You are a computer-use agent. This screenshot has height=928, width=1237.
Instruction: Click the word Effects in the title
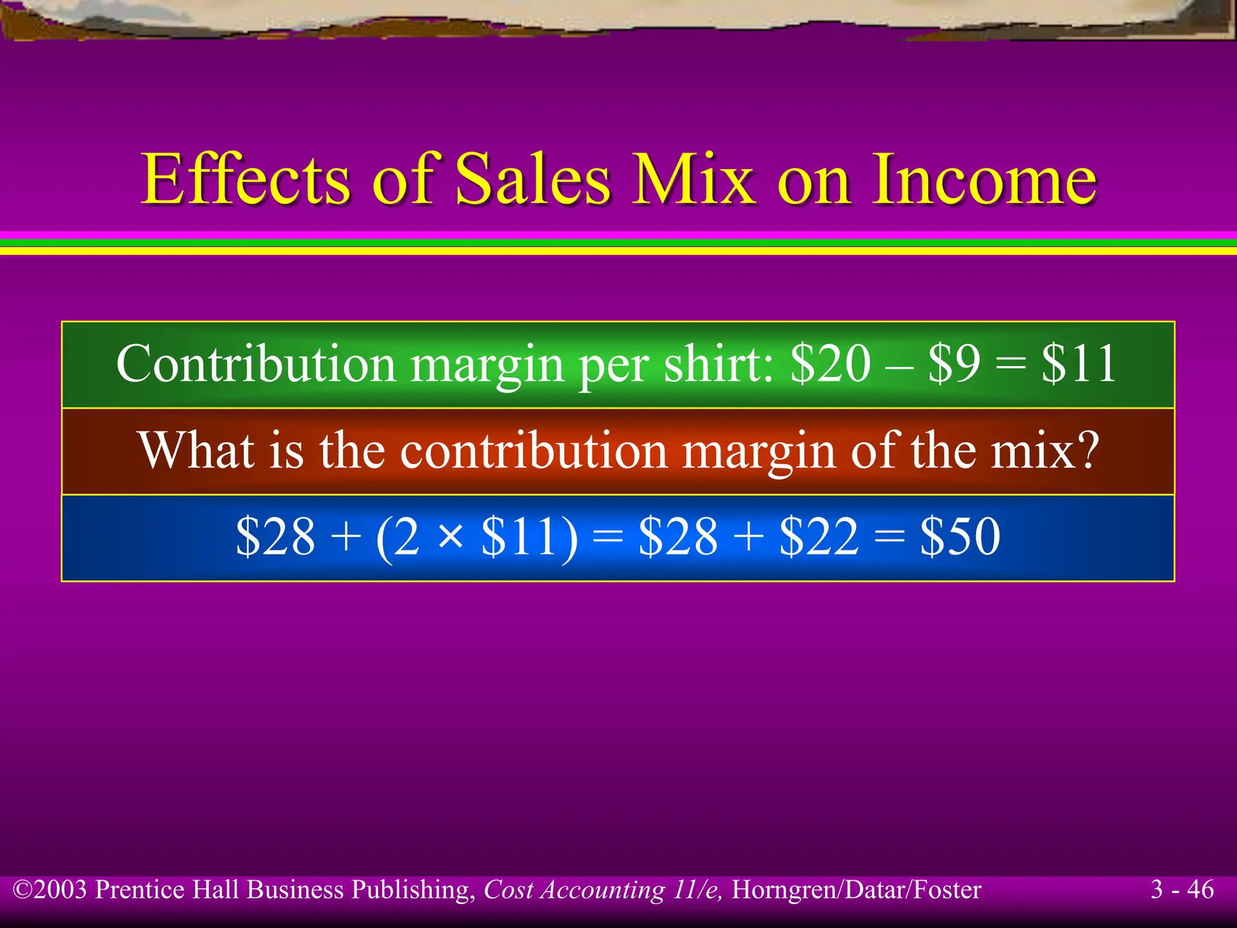pyautogui.click(x=245, y=179)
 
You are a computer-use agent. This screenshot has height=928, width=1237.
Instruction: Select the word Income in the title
pyautogui.click(x=984, y=179)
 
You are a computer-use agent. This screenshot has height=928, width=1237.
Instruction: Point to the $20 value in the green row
pyautogui.click(x=831, y=364)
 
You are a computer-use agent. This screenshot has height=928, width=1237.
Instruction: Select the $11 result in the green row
pyautogui.click(x=1079, y=364)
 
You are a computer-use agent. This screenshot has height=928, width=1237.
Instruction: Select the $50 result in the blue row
pyautogui.click(x=960, y=536)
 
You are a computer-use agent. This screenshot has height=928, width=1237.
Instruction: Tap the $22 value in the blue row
pyautogui.click(x=819, y=536)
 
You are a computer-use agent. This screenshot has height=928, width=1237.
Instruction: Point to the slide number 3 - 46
pyautogui.click(x=1182, y=889)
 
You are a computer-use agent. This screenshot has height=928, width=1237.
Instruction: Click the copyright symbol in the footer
pyautogui.click(x=23, y=890)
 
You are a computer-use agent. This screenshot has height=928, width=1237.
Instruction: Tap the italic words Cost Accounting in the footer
pyautogui.click(x=574, y=890)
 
